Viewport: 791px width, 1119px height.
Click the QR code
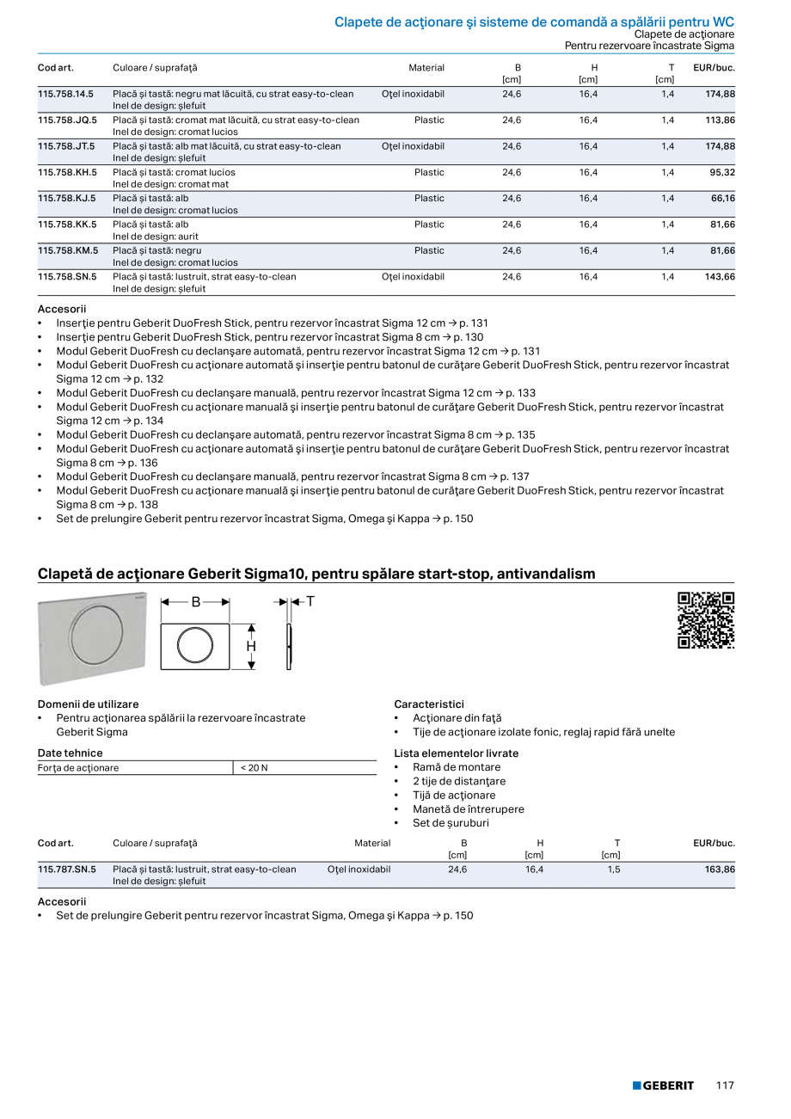pyautogui.click(x=706, y=620)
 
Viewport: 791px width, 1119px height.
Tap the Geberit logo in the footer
pyautogui.click(x=663, y=1085)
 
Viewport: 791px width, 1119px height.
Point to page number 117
pyautogui.click(x=725, y=1085)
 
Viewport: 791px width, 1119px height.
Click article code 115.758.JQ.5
pyautogui.click(x=67, y=120)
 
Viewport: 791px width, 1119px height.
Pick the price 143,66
pyautogui.click(x=719, y=277)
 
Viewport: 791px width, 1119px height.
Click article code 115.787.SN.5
pyautogui.click(x=67, y=870)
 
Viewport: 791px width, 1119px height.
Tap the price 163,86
pyautogui.click(x=719, y=870)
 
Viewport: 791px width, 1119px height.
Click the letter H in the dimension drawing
pyautogui.click(x=251, y=646)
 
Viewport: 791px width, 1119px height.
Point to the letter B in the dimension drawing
pyautogui.click(x=195, y=603)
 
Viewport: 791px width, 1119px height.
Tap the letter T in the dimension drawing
pyautogui.click(x=310, y=602)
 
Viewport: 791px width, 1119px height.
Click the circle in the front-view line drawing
pyautogui.click(x=195, y=646)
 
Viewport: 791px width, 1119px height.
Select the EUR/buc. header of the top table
pyautogui.click(x=714, y=68)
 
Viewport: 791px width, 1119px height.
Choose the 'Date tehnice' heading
pyautogui.click(x=71, y=753)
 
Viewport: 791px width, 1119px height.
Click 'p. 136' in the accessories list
pyautogui.click(x=144, y=463)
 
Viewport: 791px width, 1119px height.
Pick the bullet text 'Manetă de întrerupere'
pyautogui.click(x=468, y=809)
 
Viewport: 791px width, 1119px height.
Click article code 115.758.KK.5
pyautogui.click(x=67, y=224)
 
